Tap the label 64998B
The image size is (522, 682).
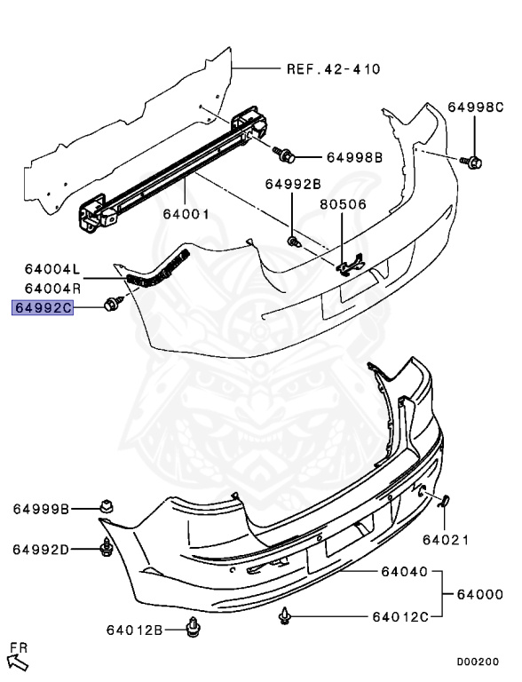(x=353, y=157)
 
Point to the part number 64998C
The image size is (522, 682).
(x=475, y=107)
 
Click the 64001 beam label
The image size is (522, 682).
(x=186, y=214)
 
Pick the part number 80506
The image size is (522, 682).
(x=342, y=202)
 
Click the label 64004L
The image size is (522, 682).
(x=52, y=268)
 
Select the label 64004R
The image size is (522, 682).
(x=52, y=288)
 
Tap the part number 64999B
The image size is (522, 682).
(x=41, y=509)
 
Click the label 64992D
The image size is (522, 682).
(x=41, y=549)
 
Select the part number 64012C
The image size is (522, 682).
(x=400, y=615)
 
